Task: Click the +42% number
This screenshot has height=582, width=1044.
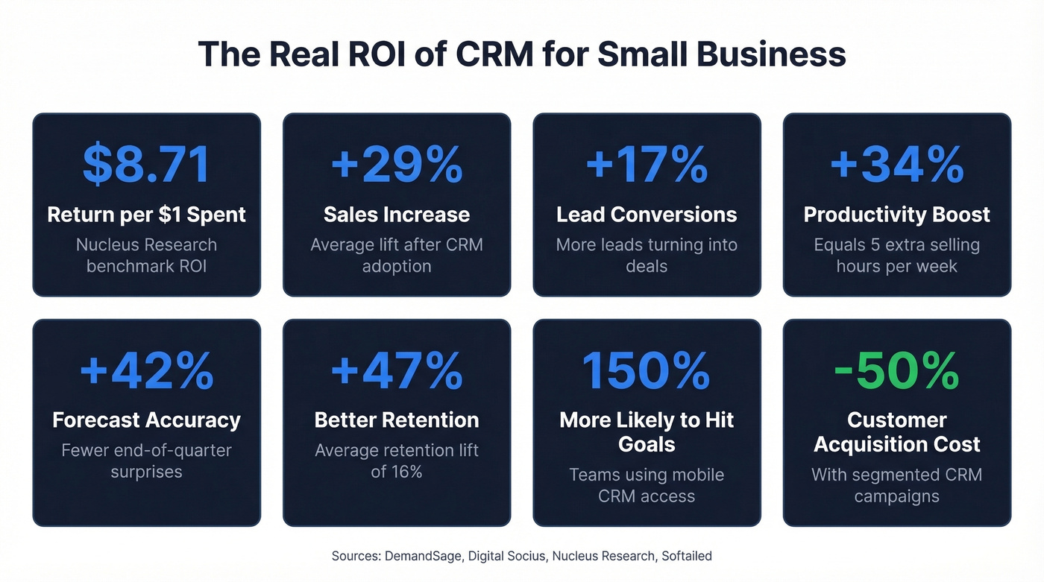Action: (146, 371)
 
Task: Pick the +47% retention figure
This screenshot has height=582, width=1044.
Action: (396, 371)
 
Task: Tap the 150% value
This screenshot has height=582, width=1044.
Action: (647, 371)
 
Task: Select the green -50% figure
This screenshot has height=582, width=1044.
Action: (896, 371)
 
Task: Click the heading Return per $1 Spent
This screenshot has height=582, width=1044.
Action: (146, 215)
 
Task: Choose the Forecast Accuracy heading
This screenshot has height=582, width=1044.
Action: (146, 420)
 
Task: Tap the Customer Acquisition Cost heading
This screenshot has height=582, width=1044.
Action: (896, 432)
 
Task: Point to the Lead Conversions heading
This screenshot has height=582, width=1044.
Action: (647, 215)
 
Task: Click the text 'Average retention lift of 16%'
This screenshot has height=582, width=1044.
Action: (396, 461)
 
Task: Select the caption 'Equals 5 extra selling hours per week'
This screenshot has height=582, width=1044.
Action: (896, 255)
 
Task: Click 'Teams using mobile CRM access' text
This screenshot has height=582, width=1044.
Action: (647, 485)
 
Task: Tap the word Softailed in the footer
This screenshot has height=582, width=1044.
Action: (686, 556)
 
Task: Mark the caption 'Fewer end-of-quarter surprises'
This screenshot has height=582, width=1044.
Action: (146, 461)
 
